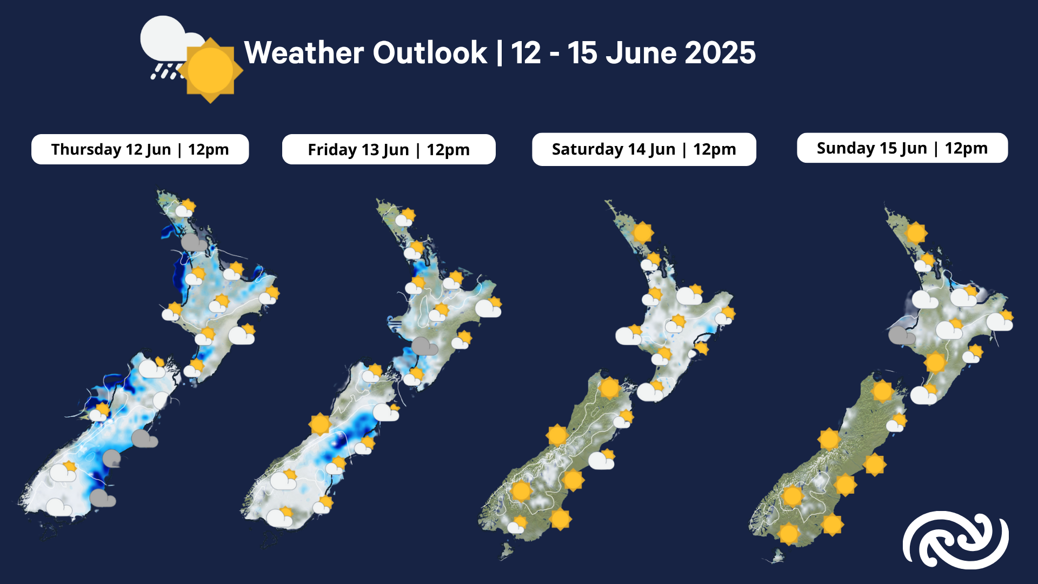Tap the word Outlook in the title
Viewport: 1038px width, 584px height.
430,53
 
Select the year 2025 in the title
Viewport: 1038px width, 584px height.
720,53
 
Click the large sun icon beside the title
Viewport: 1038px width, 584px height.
210,70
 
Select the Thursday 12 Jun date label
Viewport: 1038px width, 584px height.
140,149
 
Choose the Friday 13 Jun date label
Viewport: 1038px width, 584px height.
389,149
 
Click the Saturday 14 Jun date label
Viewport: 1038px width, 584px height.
644,149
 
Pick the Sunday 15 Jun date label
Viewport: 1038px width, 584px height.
902,148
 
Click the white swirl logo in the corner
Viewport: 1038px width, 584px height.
956,540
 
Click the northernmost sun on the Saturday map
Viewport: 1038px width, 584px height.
642,233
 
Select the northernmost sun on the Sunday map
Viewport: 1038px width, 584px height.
916,234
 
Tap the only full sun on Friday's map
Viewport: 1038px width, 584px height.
320,424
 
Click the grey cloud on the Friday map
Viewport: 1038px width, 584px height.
424,346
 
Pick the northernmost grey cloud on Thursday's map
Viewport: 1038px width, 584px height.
194,243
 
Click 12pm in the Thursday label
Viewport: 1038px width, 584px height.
208,149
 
